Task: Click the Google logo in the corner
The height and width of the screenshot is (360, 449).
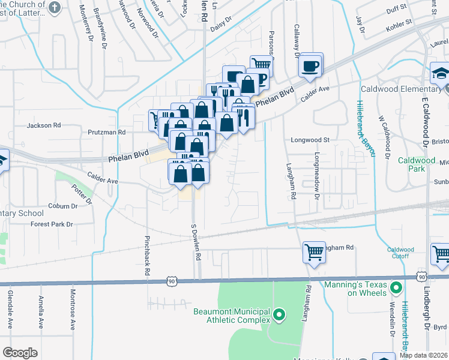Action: [x=20, y=352]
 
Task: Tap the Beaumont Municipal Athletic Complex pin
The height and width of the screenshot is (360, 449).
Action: [x=279, y=314]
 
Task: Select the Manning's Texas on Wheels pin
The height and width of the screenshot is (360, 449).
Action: [x=396, y=289]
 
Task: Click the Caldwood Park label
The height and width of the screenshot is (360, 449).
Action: [x=416, y=164]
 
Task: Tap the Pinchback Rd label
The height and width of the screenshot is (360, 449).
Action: [x=146, y=255]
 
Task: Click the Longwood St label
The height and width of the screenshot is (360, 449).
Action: [x=310, y=140]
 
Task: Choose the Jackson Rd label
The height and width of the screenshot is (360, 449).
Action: [x=44, y=125]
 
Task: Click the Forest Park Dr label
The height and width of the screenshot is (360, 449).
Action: [x=53, y=224]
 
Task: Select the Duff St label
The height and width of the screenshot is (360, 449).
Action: [x=414, y=10]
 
